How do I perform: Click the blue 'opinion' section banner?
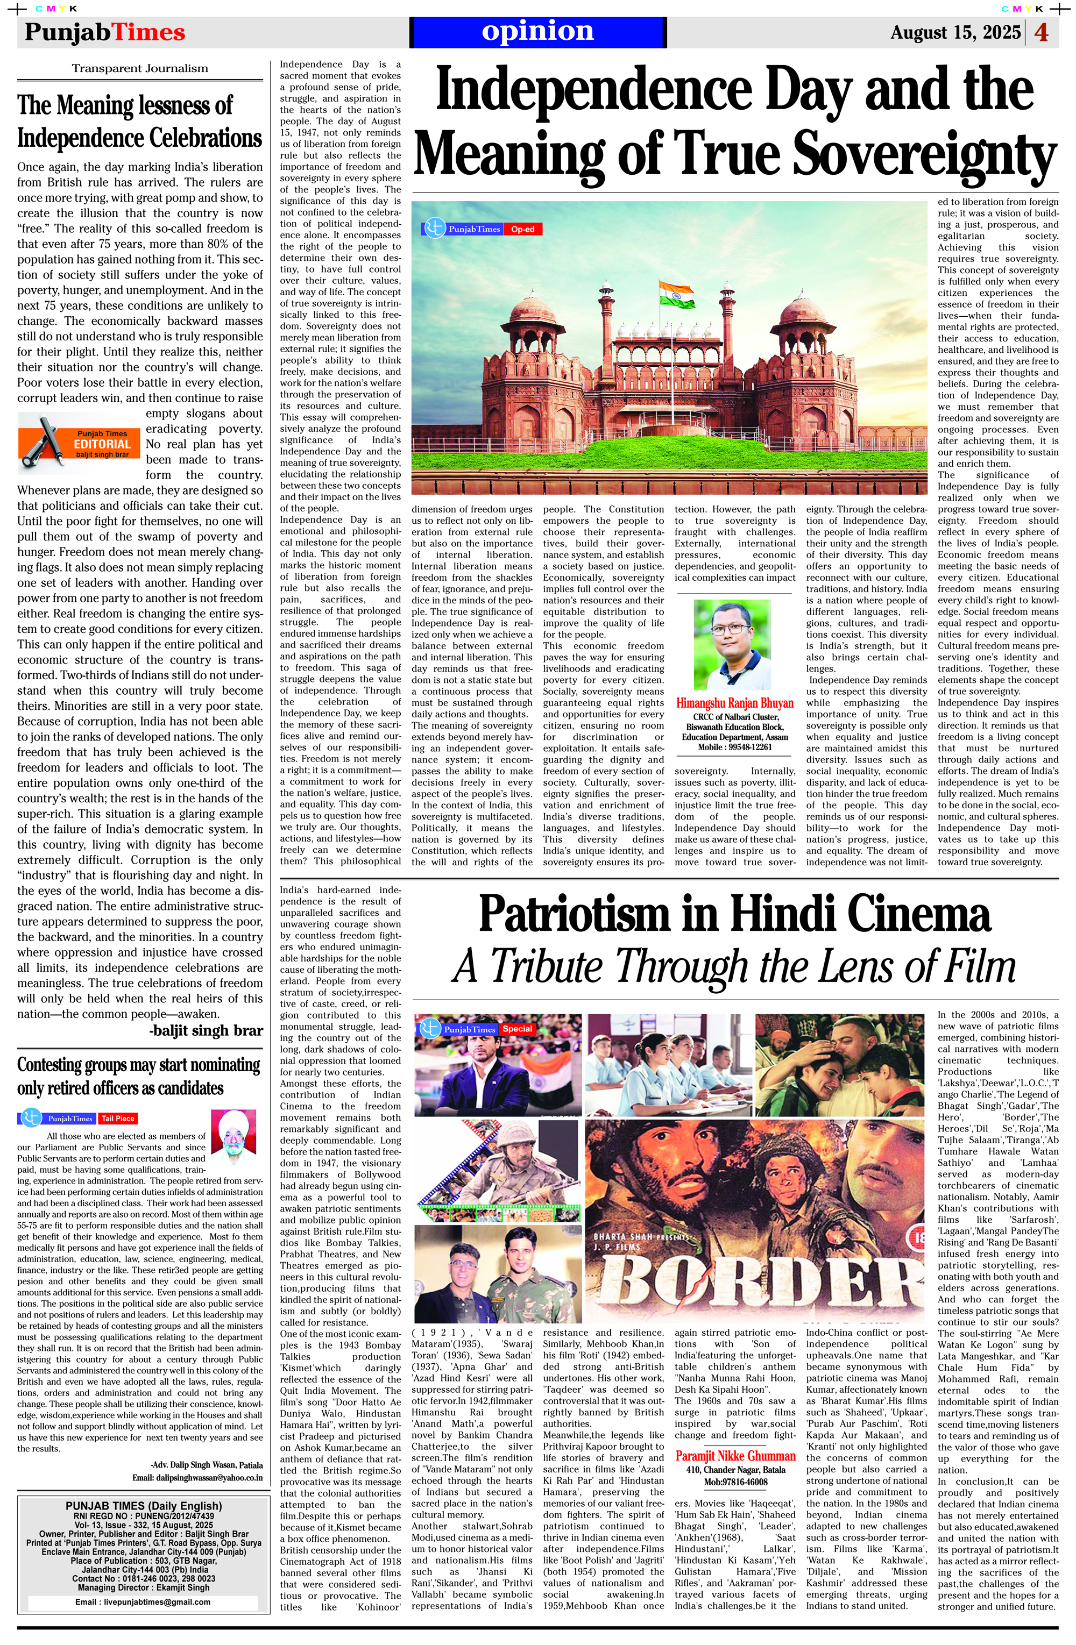click(537, 32)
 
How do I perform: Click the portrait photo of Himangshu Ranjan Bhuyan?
click(732, 644)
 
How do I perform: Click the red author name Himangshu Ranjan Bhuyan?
click(734, 703)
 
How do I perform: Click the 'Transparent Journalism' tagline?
click(140, 68)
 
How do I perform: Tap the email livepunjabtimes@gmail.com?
click(143, 1601)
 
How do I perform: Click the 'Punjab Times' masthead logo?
click(105, 32)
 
